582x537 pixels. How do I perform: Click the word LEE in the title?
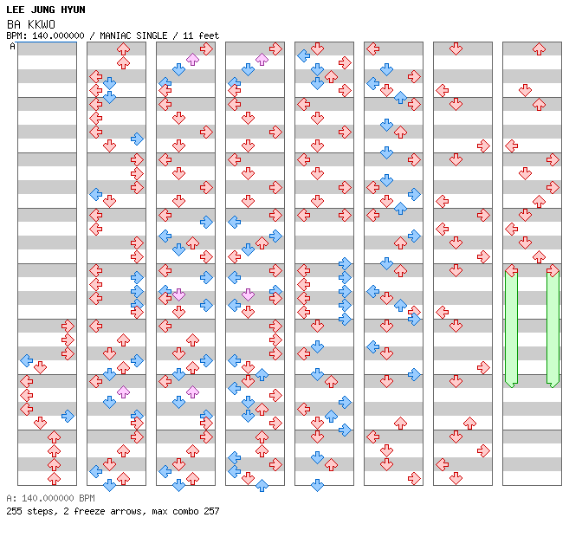point(15,10)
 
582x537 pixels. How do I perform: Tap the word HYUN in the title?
point(73,10)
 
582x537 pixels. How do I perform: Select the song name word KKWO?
point(42,24)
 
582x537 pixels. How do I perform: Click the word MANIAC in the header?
point(115,36)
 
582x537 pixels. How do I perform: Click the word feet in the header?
point(209,36)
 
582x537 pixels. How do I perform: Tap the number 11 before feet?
point(188,36)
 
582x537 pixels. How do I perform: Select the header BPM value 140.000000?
point(58,36)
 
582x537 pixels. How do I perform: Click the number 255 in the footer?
point(14,511)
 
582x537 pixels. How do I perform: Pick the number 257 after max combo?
point(211,511)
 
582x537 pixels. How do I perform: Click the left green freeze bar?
point(512,328)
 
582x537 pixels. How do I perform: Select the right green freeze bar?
point(553,328)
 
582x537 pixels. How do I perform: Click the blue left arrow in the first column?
point(26,360)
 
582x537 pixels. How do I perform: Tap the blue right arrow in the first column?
point(68,416)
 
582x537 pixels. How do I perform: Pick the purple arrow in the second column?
point(123,391)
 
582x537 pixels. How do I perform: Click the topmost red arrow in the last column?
point(539,49)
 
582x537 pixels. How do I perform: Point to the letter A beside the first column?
point(12,46)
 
